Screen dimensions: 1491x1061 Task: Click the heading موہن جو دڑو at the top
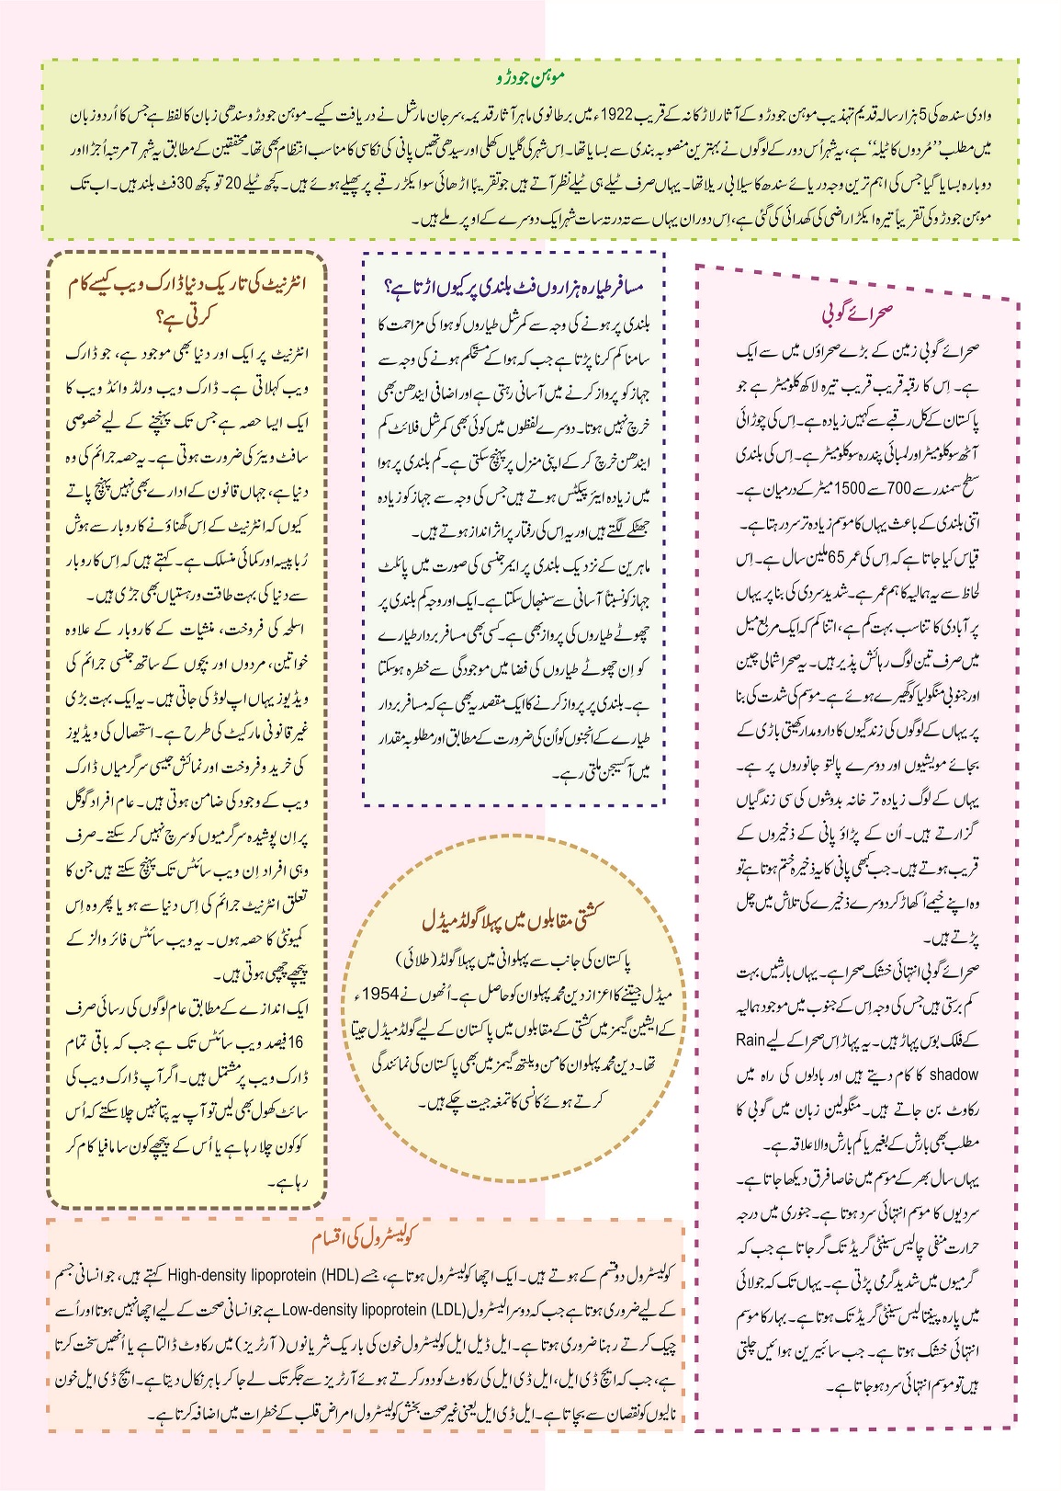[x=531, y=77]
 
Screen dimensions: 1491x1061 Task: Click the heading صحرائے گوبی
[x=856, y=313]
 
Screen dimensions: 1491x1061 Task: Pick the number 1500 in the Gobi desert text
[x=849, y=489]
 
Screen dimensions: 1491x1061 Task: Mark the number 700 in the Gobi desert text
[x=898, y=489]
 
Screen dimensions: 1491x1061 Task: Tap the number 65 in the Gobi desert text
[x=836, y=558]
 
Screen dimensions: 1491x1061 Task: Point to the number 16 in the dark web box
[x=294, y=1043]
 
